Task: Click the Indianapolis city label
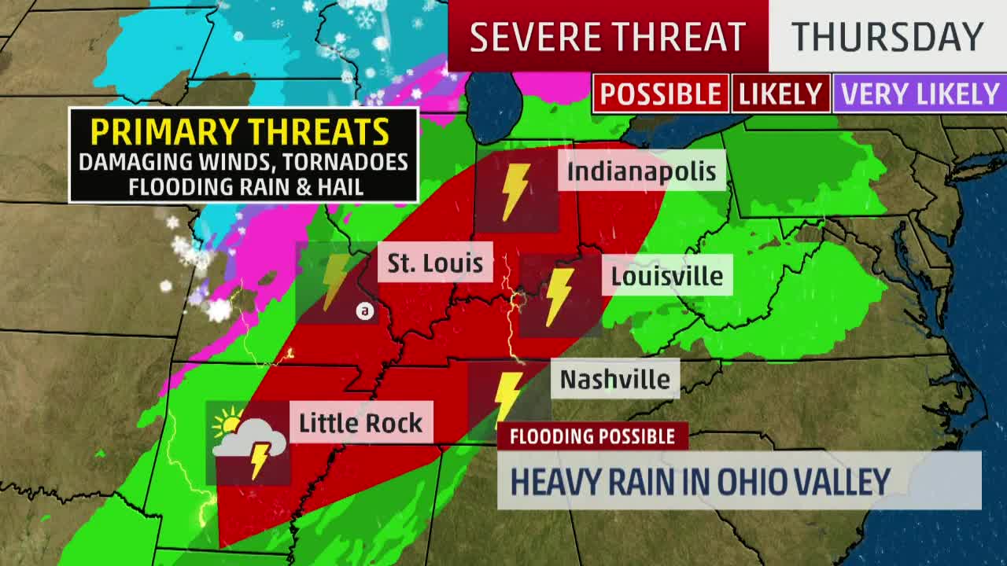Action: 641,171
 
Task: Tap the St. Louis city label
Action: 435,262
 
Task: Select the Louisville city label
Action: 667,276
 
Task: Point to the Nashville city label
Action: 615,379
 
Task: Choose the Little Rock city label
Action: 360,423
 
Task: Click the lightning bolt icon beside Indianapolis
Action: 516,191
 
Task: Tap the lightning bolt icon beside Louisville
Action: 559,296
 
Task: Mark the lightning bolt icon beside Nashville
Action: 507,395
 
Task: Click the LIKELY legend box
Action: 780,94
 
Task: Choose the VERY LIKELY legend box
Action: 920,94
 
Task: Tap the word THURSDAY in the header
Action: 887,37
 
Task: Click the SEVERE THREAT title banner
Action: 607,37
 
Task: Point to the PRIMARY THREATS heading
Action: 240,131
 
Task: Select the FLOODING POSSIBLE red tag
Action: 592,436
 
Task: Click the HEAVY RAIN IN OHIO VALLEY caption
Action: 700,480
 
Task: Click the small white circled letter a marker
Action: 364,311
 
